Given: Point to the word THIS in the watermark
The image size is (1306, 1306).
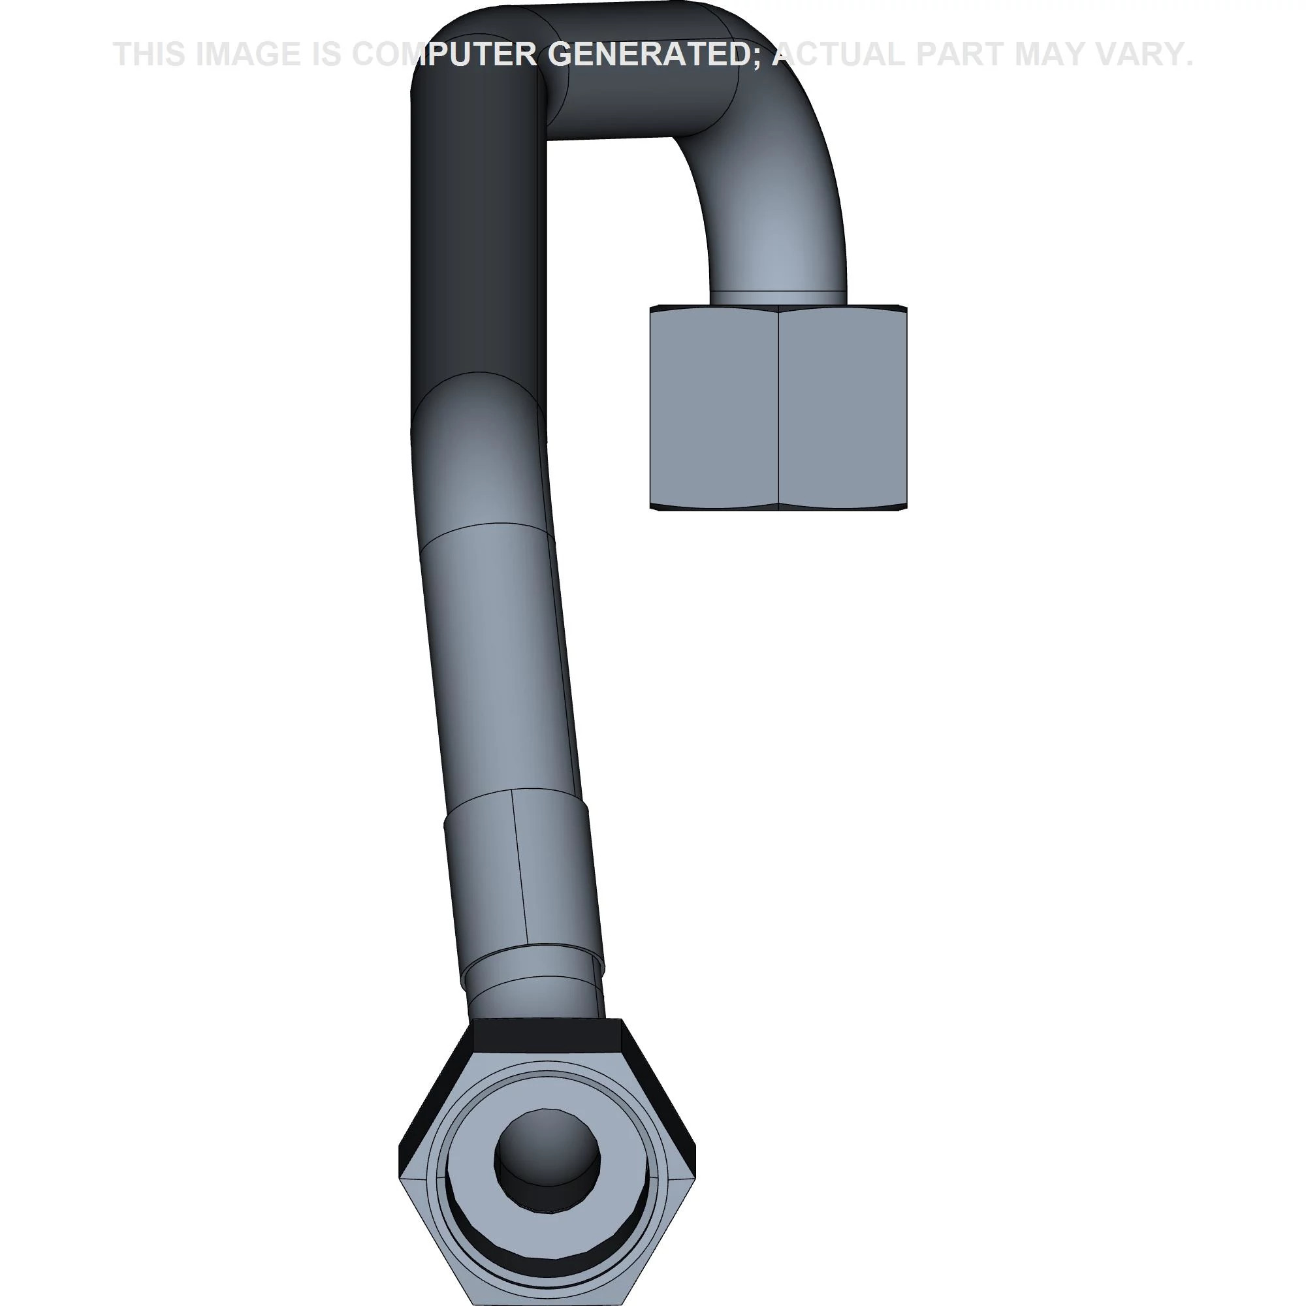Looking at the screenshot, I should tap(149, 54).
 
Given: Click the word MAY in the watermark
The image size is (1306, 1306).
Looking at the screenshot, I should tap(1055, 54).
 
